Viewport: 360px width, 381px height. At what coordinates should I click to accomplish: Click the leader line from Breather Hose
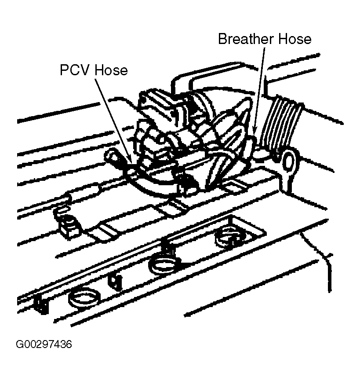pos(261,88)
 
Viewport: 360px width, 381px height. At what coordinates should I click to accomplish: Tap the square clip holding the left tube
pos(68,224)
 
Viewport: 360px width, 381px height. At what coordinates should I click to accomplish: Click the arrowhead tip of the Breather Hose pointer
pos(255,132)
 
